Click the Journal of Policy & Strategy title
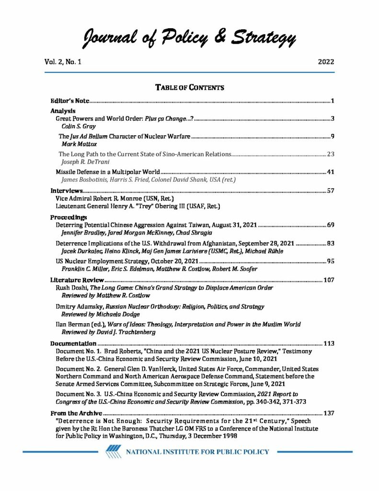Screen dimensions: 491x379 click(189, 37)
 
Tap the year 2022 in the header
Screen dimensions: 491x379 click(325, 62)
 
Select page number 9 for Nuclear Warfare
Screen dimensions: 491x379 click(332, 137)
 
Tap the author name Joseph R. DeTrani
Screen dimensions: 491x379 click(83, 162)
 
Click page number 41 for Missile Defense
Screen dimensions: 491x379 click(330, 171)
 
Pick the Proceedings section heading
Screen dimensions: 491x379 click(69, 217)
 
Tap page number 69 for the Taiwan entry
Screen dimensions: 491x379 click(330, 224)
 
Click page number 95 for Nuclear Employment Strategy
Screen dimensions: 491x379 click(330, 261)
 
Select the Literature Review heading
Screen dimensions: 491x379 click(77, 280)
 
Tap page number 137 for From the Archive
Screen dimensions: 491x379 click(328, 413)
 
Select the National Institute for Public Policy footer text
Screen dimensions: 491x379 click(197, 452)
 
